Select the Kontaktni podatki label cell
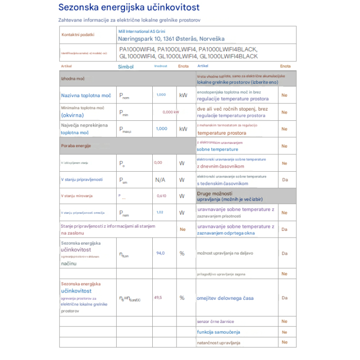click(78, 35)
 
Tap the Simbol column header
click(125, 67)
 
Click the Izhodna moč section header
click(73, 79)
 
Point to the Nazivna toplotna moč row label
click(86, 96)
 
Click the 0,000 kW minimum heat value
click(170, 112)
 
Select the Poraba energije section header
click(76, 146)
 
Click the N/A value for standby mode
click(160, 180)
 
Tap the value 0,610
click(161, 196)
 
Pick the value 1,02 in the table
click(159, 212)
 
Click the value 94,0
click(160, 253)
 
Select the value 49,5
click(158, 298)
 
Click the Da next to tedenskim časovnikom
click(284, 180)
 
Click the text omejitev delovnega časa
click(225, 298)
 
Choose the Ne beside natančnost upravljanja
click(284, 343)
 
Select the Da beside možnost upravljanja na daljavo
click(284, 253)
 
